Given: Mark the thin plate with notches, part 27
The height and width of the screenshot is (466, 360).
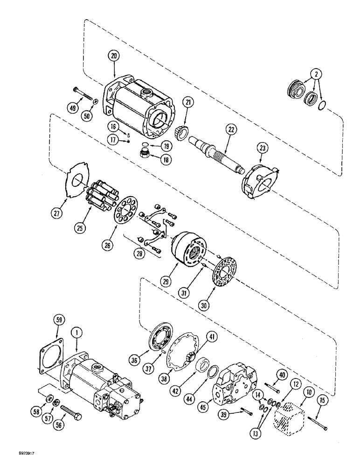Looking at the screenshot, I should pyautogui.click(x=77, y=181).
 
